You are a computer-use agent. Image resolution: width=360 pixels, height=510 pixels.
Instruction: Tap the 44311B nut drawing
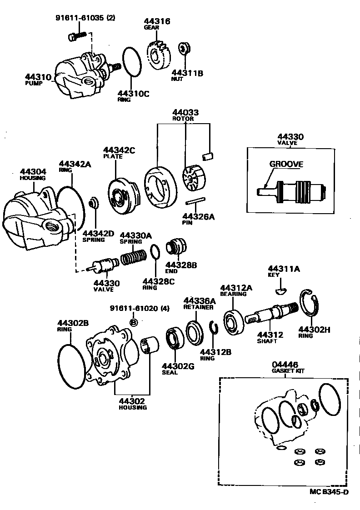point(184,49)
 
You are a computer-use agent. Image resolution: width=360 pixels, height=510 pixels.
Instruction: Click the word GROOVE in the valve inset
point(286,164)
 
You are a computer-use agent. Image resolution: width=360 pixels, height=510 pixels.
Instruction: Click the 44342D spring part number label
point(98,233)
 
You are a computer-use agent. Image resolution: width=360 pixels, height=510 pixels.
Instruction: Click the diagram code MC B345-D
point(329,491)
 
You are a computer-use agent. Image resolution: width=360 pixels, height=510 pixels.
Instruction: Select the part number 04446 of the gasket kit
point(285,364)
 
